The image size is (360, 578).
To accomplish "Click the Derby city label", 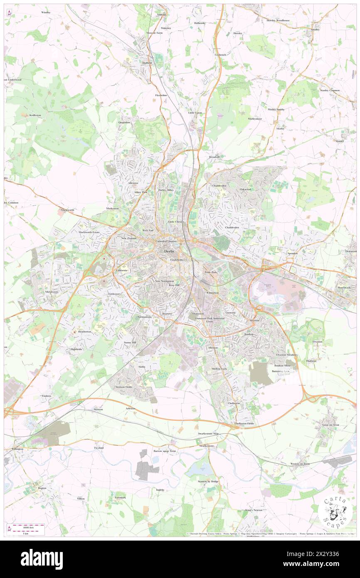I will (x=169, y=251).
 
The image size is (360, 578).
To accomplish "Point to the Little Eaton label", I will (x=195, y=113).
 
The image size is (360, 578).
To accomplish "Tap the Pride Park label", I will (x=211, y=272).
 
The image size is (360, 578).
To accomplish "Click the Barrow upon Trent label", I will (x=166, y=451).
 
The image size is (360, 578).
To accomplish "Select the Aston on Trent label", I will (x=330, y=425).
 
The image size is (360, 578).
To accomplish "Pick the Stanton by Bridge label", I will (x=208, y=481).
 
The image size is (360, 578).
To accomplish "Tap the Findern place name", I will (x=46, y=396).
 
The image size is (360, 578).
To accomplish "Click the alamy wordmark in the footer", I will (x=42, y=559).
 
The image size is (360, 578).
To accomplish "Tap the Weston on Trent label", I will (x=300, y=464).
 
